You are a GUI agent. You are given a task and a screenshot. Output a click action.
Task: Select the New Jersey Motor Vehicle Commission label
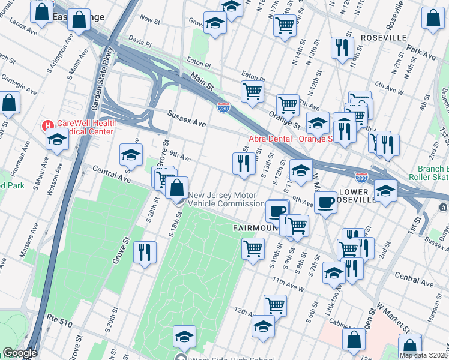222,200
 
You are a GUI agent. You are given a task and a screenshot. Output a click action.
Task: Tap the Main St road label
202,79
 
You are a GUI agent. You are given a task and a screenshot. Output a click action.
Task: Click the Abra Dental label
291,139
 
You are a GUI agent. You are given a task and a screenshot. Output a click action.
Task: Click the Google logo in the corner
20,353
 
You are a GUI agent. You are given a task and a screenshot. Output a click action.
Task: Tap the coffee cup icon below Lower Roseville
325,202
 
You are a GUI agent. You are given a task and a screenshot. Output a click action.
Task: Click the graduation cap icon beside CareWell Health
57,139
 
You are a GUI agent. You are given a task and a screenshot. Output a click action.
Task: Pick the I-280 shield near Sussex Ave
223,107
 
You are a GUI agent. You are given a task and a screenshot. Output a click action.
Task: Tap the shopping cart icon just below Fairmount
253,247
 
